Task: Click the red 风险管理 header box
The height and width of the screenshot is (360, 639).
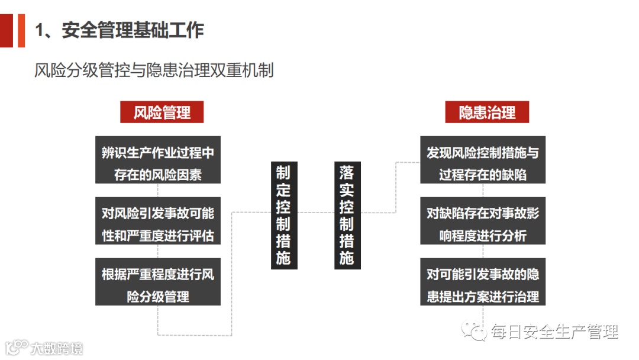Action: (162, 112)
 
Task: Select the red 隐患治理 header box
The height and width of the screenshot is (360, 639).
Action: (486, 112)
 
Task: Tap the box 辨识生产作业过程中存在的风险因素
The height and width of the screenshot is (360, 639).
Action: (158, 160)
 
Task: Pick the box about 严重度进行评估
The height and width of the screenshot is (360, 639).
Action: (158, 221)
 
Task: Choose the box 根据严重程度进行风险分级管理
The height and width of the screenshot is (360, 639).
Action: (158, 282)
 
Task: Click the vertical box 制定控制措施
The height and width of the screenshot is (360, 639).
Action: (283, 214)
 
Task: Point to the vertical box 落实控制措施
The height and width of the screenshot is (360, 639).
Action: (347, 214)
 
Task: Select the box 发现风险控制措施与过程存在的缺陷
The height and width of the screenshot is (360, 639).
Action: (482, 160)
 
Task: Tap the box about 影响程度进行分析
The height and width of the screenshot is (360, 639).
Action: (482, 221)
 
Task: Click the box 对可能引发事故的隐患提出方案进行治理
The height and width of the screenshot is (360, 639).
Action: (482, 282)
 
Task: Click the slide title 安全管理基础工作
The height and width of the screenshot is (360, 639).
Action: (133, 30)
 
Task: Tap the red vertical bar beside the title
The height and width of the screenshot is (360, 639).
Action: (21, 30)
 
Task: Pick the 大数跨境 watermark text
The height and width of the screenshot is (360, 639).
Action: (57, 348)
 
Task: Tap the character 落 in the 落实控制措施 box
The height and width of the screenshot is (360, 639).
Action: (347, 172)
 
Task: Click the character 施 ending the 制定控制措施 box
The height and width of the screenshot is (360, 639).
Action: (283, 258)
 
